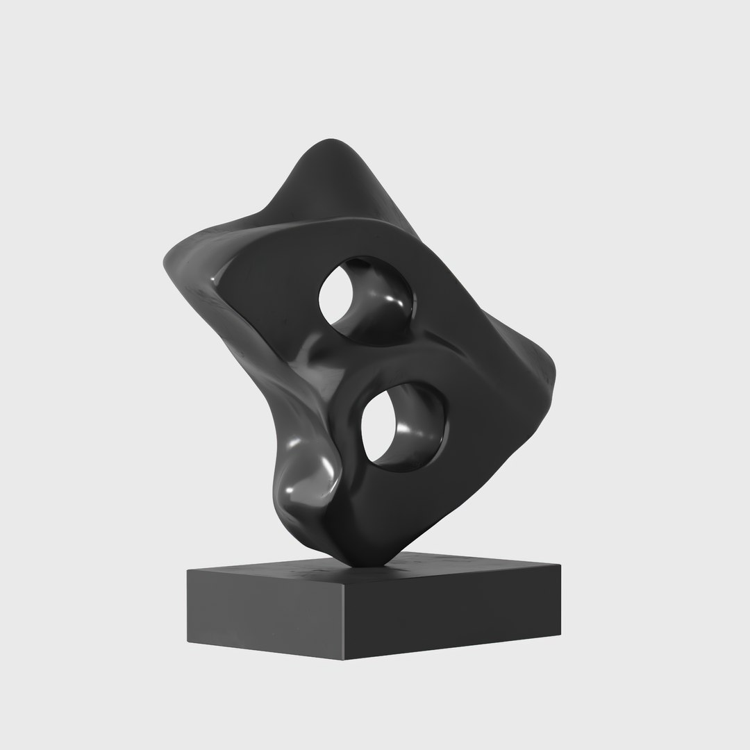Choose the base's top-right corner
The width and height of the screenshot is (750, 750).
tap(561, 564)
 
